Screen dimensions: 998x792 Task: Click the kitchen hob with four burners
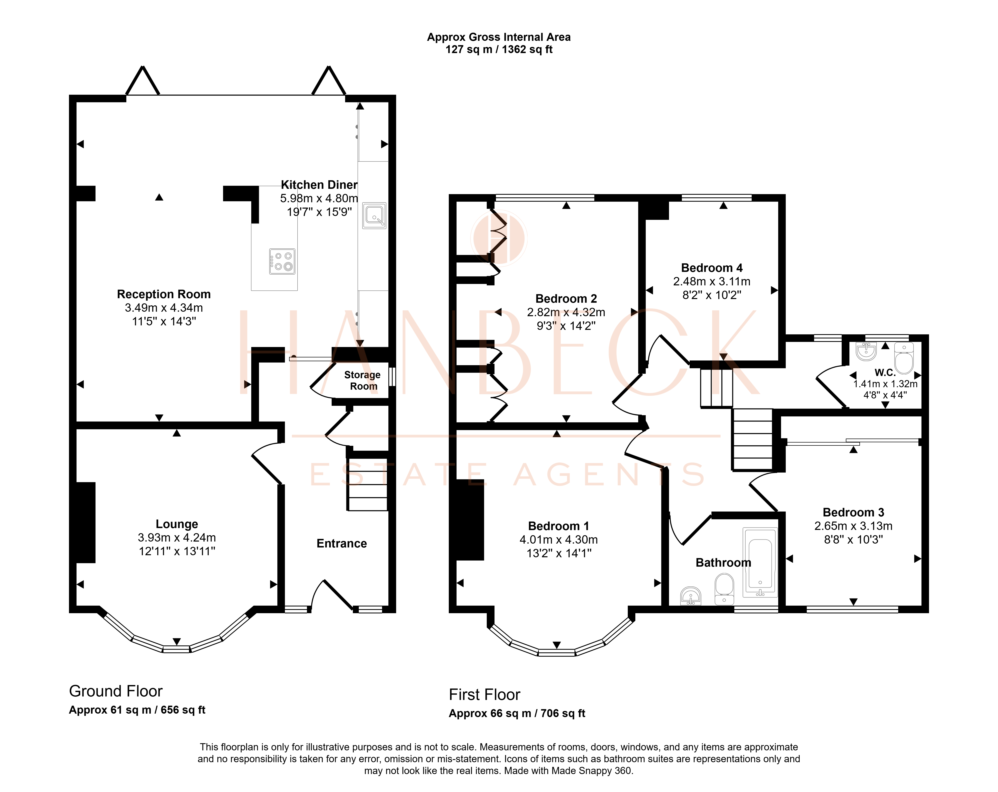(282, 261)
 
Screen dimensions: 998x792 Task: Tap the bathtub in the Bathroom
(760, 562)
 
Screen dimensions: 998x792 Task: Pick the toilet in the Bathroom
(724, 589)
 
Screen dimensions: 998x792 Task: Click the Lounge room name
(177, 524)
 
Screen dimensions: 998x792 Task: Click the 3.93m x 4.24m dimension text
(177, 537)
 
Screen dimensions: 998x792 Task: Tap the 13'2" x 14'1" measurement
(559, 553)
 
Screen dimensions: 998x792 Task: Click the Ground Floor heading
(116, 691)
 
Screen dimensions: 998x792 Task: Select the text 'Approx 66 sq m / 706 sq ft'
(517, 713)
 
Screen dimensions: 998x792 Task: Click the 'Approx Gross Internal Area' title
(499, 37)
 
